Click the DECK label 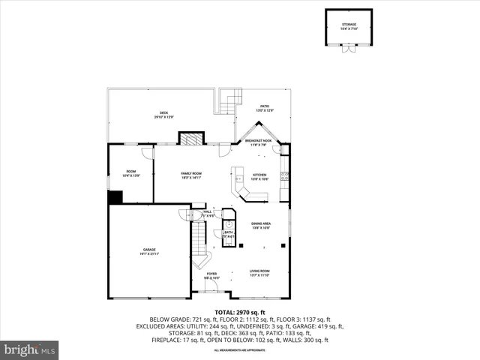click(163, 114)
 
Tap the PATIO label click(265, 107)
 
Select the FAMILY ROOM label click(191, 175)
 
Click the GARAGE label click(149, 250)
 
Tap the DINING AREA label click(261, 225)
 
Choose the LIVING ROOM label click(259, 272)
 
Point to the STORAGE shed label click(349, 25)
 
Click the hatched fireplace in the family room click(190, 139)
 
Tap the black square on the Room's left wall click(115, 197)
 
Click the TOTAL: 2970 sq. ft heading click(239, 311)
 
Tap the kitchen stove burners click(285, 177)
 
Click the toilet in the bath click(229, 224)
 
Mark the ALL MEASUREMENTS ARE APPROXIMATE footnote click(239, 350)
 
